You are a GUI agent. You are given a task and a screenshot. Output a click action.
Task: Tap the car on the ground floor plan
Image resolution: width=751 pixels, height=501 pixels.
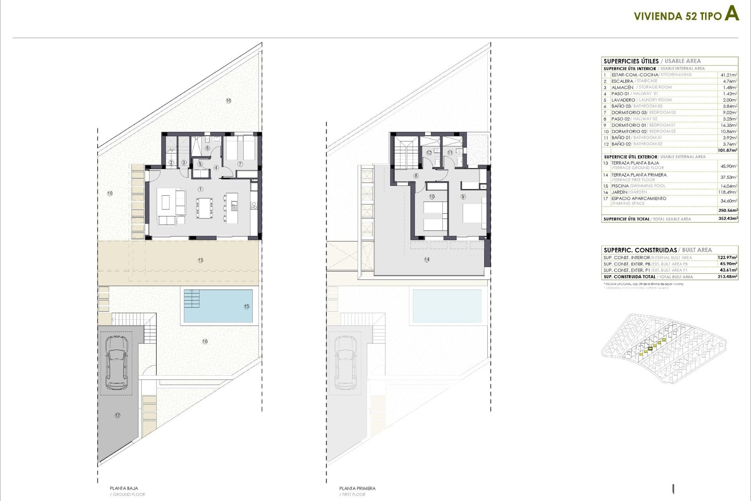point(117,361)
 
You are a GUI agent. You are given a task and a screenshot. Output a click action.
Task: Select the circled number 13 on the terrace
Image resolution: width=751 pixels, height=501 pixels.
point(201,260)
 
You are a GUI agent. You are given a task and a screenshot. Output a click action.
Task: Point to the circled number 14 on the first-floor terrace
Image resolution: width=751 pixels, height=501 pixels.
point(427,260)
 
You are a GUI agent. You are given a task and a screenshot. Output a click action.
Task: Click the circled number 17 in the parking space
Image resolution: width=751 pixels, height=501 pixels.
point(118,415)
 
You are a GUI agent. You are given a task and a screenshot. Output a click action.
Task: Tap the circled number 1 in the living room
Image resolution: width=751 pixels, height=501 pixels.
point(201,189)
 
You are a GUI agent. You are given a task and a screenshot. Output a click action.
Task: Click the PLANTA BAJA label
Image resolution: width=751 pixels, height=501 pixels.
point(124,488)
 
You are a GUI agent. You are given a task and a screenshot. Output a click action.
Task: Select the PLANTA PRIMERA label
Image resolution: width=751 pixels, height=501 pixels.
point(357,488)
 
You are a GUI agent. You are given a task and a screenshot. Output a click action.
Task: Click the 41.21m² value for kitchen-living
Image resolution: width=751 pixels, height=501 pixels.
point(729,75)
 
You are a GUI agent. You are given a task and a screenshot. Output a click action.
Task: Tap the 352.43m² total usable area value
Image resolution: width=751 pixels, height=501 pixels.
point(728,219)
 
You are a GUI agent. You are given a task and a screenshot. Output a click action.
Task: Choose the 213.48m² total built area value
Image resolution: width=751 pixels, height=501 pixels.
point(728,277)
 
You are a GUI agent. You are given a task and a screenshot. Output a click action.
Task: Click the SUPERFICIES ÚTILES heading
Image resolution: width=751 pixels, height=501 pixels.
point(631,61)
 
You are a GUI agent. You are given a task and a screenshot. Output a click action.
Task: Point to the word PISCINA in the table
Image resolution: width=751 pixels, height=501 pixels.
point(620,186)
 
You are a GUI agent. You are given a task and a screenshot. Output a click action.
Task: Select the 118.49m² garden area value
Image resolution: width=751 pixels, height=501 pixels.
point(728,193)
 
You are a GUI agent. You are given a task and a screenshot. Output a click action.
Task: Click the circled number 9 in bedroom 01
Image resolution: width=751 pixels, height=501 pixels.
point(463,197)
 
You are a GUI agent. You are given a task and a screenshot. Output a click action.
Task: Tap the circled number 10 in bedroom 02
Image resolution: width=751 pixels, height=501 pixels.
point(432,197)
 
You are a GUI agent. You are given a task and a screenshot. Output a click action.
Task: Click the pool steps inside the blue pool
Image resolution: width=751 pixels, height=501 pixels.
point(192,299)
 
